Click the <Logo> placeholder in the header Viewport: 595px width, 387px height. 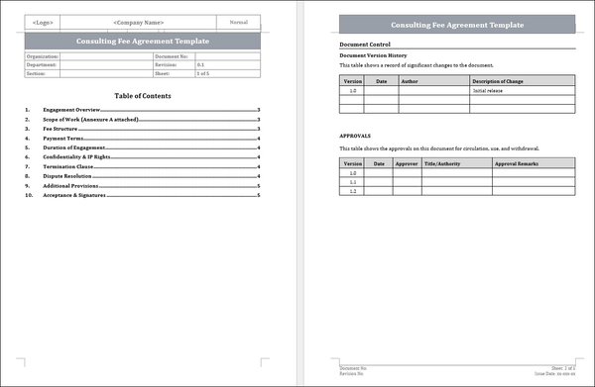[x=44, y=22]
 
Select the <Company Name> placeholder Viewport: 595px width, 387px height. [x=139, y=22]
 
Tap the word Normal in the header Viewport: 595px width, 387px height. [x=238, y=22]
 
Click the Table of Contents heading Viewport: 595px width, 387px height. [x=143, y=96]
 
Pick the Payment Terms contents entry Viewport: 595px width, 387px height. [x=60, y=139]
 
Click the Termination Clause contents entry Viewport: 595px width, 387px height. [x=66, y=166]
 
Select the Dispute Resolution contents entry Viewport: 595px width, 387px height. [x=67, y=176]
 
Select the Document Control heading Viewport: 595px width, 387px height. [x=365, y=45]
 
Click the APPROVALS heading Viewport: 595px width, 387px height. [x=355, y=135]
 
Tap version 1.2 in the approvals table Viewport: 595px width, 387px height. [x=352, y=191]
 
